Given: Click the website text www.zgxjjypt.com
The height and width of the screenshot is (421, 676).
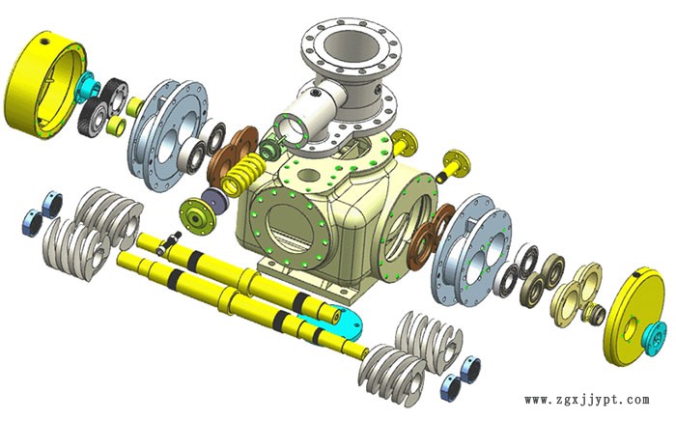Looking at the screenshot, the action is click(x=587, y=400).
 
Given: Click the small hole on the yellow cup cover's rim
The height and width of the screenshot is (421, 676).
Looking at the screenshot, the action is click(x=44, y=42).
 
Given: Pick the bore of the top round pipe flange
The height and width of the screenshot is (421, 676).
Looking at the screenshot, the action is click(x=352, y=46).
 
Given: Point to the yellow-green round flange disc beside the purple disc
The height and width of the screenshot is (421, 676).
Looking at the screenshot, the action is click(x=197, y=217).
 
